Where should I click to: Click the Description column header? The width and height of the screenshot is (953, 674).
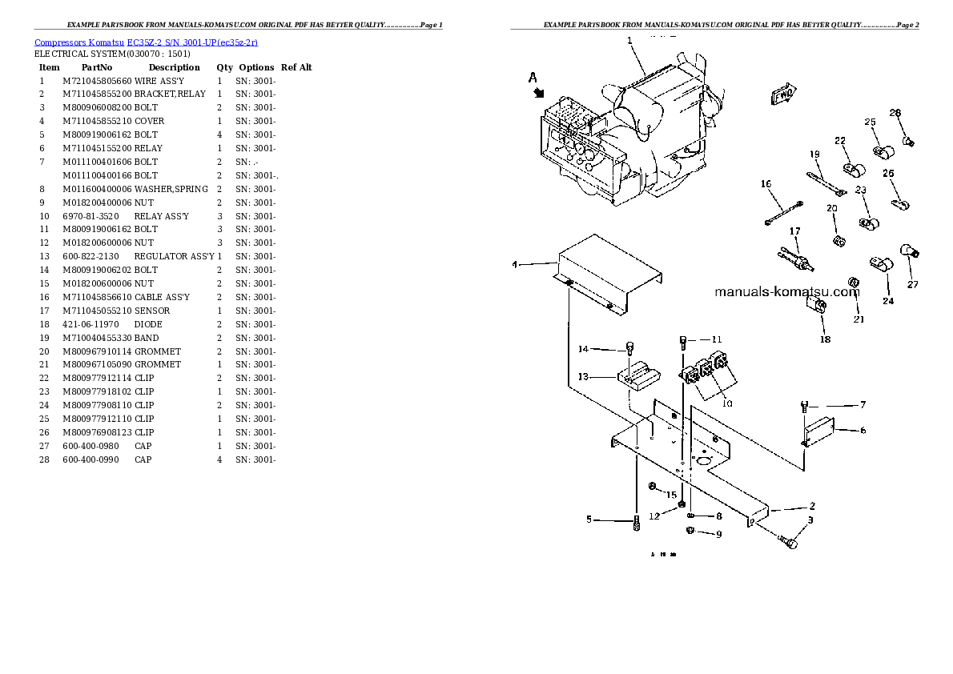pyautogui.click(x=174, y=67)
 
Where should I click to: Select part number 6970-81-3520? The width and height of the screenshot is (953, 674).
pyautogui.click(x=90, y=216)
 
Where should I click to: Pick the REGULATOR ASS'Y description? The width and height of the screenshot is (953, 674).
pyautogui.click(x=174, y=256)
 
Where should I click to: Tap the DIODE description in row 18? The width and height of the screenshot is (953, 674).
pyautogui.click(x=148, y=324)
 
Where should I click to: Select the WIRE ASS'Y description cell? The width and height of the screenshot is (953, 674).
pyautogui.click(x=159, y=81)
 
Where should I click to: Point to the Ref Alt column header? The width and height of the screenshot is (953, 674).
pyautogui.click(x=296, y=67)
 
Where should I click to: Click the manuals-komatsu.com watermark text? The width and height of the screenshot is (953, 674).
pyautogui.click(x=786, y=291)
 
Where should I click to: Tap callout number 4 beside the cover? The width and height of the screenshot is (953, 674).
pyautogui.click(x=516, y=263)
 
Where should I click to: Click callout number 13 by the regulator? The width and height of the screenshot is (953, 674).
pyautogui.click(x=584, y=376)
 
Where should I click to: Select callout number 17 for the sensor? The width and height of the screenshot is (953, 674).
pyautogui.click(x=795, y=231)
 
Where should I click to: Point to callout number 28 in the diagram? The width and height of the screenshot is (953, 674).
pyautogui.click(x=895, y=113)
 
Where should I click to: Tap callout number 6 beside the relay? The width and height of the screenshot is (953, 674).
pyautogui.click(x=863, y=430)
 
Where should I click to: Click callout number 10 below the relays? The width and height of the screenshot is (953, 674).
pyautogui.click(x=727, y=403)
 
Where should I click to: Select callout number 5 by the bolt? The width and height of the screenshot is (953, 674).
pyautogui.click(x=589, y=520)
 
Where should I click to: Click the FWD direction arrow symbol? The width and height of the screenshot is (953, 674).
pyautogui.click(x=783, y=95)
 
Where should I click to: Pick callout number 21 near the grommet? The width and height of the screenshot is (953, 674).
pyautogui.click(x=859, y=319)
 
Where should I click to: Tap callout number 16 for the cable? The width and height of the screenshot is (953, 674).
pyautogui.click(x=766, y=184)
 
